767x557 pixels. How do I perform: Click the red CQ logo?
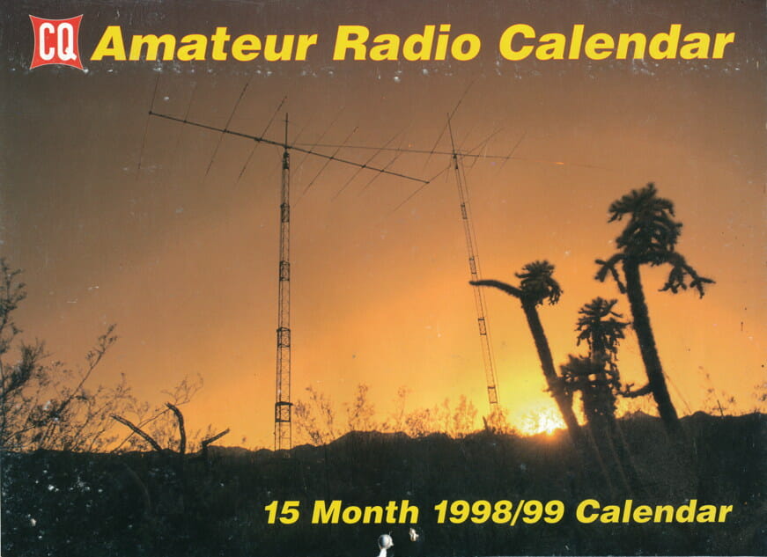(x=55, y=41)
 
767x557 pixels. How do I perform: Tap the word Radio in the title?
(x=407, y=42)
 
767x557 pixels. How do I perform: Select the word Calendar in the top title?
(x=616, y=42)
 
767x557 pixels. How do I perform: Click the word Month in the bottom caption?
(x=365, y=511)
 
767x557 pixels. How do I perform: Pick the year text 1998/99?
(x=499, y=511)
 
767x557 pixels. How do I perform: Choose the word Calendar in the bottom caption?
(x=654, y=511)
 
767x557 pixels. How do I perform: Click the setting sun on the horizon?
(x=541, y=421)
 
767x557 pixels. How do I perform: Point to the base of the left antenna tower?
(x=283, y=448)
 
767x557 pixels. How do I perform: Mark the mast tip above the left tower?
(x=287, y=114)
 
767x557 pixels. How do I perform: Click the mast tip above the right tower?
(x=448, y=115)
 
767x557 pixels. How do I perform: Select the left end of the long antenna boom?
(x=151, y=113)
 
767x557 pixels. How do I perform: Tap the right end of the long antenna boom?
(x=428, y=183)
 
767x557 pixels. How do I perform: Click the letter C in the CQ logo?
(x=47, y=42)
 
